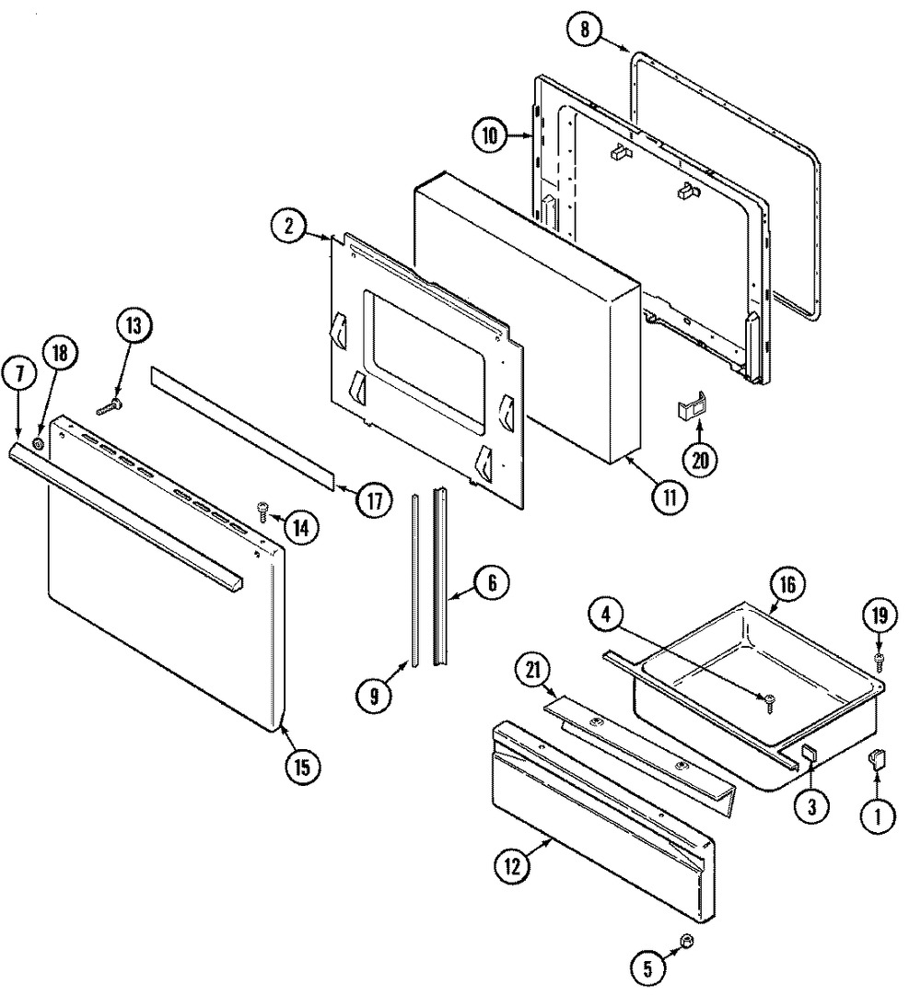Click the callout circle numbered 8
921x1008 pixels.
coord(584,29)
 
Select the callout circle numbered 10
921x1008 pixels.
coord(491,136)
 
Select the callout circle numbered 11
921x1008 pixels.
coord(670,497)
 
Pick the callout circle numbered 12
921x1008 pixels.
coord(514,865)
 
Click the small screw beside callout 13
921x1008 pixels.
coord(108,404)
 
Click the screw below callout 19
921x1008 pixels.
coord(879,660)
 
